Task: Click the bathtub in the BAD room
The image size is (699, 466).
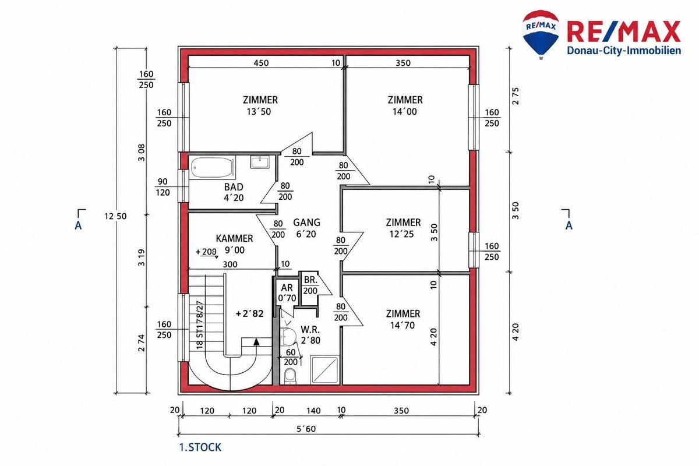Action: (x=212, y=168)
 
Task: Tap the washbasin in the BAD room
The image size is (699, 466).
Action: (x=260, y=162)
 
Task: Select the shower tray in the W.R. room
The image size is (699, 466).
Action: (x=324, y=370)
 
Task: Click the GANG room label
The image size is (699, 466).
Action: (x=306, y=228)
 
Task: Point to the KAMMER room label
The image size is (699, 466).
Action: (x=234, y=244)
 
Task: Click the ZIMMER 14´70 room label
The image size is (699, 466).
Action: (x=403, y=319)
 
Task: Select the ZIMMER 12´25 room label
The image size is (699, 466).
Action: (x=403, y=228)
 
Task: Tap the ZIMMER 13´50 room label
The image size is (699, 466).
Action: (x=260, y=105)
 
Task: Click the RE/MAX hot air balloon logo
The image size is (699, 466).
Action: (x=541, y=34)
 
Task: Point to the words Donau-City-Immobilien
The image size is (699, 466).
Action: (x=624, y=51)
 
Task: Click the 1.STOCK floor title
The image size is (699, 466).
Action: (x=200, y=447)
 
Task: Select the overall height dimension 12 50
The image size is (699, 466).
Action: (x=115, y=216)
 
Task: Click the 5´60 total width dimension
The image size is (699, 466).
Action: (x=306, y=429)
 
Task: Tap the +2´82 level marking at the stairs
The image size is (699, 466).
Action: (x=250, y=313)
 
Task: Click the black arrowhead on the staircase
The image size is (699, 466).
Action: (x=256, y=341)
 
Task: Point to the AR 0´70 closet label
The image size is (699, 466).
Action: (x=287, y=293)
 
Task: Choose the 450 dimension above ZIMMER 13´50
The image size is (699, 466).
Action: (x=261, y=63)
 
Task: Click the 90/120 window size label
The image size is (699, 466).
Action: (x=163, y=187)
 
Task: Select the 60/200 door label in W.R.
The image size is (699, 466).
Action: (x=291, y=357)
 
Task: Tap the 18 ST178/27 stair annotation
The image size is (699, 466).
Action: (x=199, y=325)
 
